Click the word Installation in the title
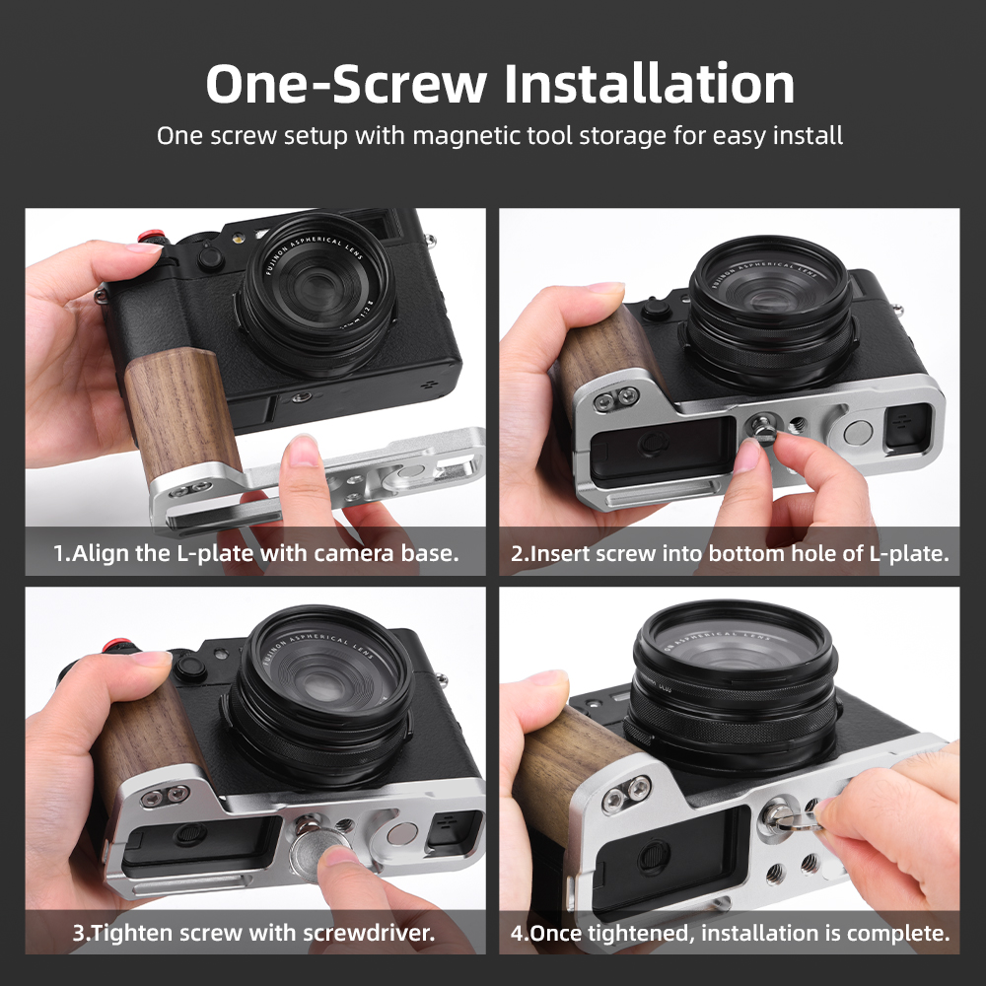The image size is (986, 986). (x=650, y=84)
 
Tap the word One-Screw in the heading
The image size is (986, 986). (x=346, y=84)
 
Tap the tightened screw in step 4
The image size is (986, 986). (x=780, y=816)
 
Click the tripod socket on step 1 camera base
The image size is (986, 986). (x=301, y=397)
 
